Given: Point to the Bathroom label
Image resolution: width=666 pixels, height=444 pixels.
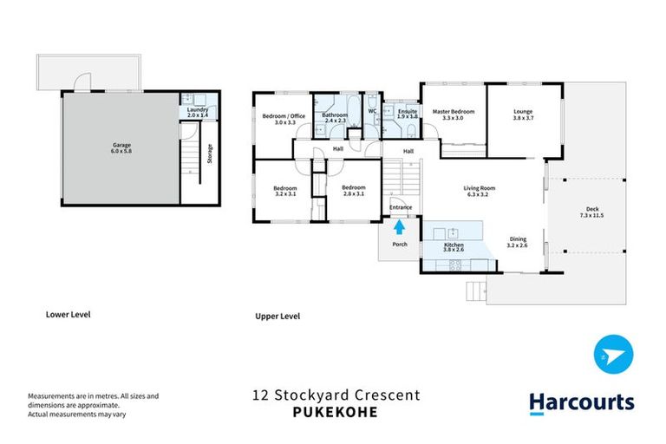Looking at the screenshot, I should point(335,117).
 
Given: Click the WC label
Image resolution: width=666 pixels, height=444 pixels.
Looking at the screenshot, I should point(372,111).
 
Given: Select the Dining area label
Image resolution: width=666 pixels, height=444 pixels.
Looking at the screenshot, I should point(518,242).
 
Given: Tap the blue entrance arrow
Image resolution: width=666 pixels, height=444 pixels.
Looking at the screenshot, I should point(400,227).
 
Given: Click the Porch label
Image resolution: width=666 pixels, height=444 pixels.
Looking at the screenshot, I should point(400,245).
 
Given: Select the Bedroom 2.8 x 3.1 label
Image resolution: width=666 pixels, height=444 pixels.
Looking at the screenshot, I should point(354,191).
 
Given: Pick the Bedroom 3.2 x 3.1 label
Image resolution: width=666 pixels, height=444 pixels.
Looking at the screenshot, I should point(285,191).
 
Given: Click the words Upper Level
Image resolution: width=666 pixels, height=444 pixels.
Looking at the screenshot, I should point(277,317).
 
